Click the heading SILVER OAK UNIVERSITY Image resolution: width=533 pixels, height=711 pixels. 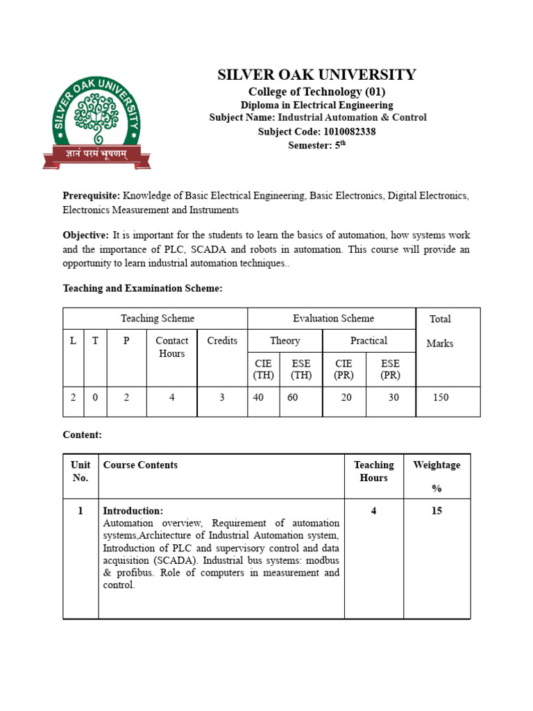(316, 75)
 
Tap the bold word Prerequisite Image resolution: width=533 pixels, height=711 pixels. (91, 196)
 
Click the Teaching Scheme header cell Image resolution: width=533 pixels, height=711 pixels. (158, 319)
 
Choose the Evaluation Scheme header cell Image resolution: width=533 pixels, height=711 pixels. (333, 319)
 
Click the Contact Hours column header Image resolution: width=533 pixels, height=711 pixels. (171, 347)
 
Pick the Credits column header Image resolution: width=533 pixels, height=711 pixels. (222, 341)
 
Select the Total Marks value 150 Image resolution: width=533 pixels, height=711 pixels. (440, 398)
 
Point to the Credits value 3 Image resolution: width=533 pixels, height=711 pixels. (221, 398)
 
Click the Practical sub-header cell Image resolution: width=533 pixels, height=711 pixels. (369, 341)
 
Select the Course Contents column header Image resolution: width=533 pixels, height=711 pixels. (140, 465)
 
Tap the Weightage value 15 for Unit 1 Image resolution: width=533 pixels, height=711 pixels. (437, 511)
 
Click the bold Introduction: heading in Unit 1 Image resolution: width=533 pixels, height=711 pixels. (133, 511)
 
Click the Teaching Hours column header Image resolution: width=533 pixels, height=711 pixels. (373, 471)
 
